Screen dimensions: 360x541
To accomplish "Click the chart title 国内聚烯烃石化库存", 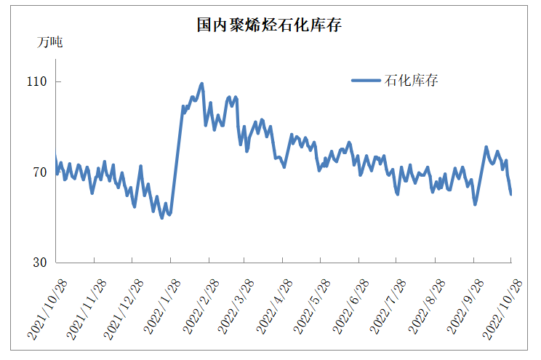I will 269,25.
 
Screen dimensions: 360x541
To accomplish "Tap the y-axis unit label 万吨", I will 50,41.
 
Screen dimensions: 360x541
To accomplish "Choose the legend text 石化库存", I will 411,80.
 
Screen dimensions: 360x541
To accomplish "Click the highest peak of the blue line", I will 201,84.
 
